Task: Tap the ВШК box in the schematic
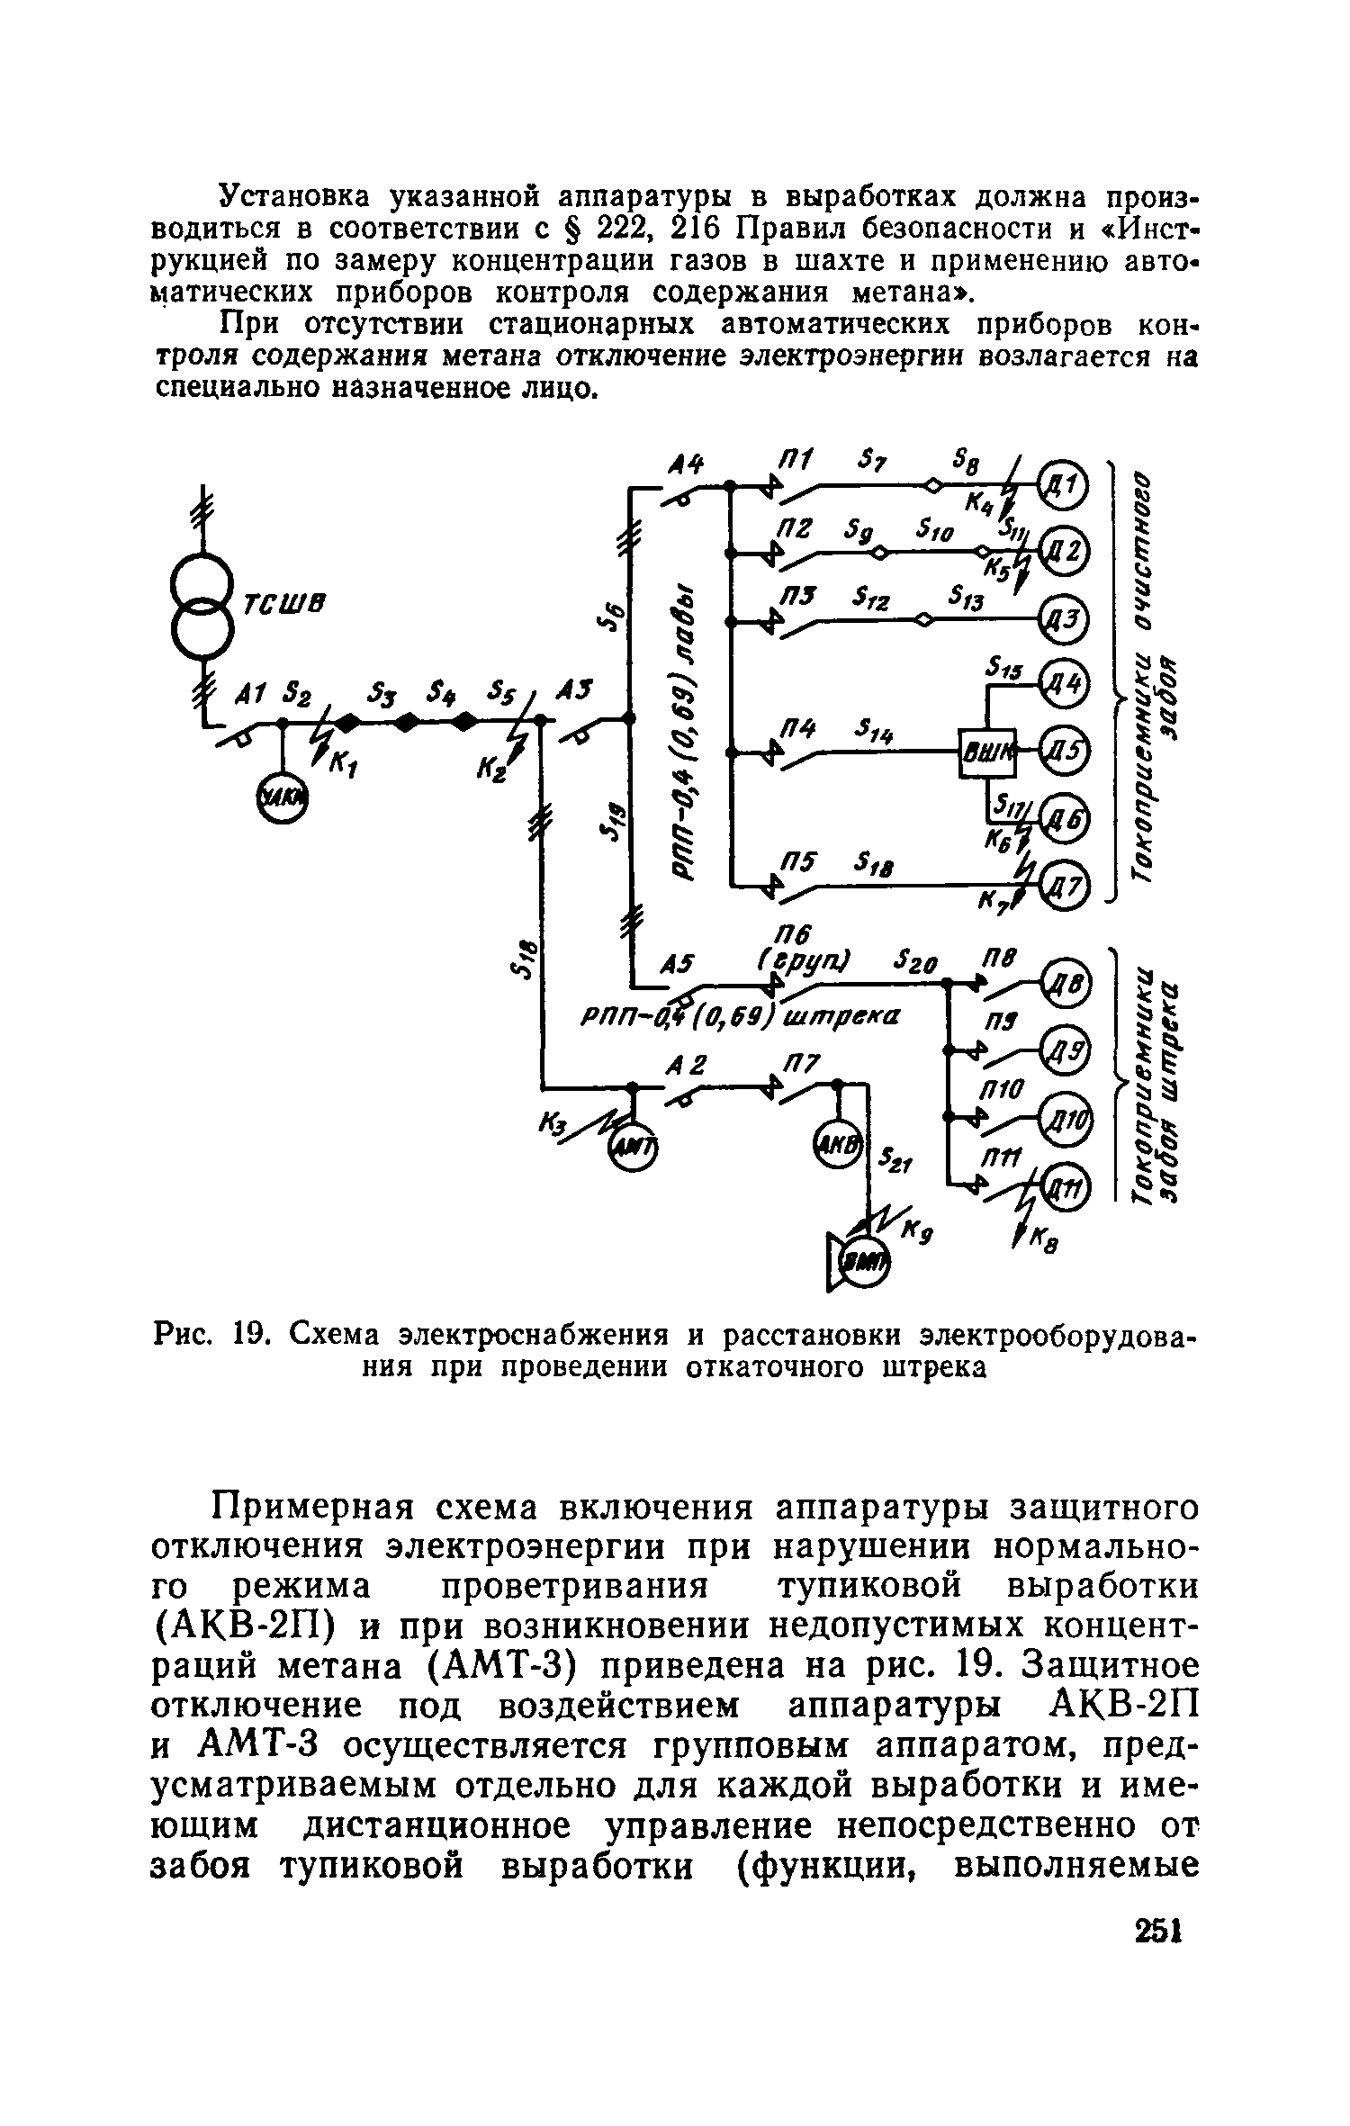pyautogui.click(x=987, y=750)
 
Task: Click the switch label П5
pyautogui.click(x=797, y=861)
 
